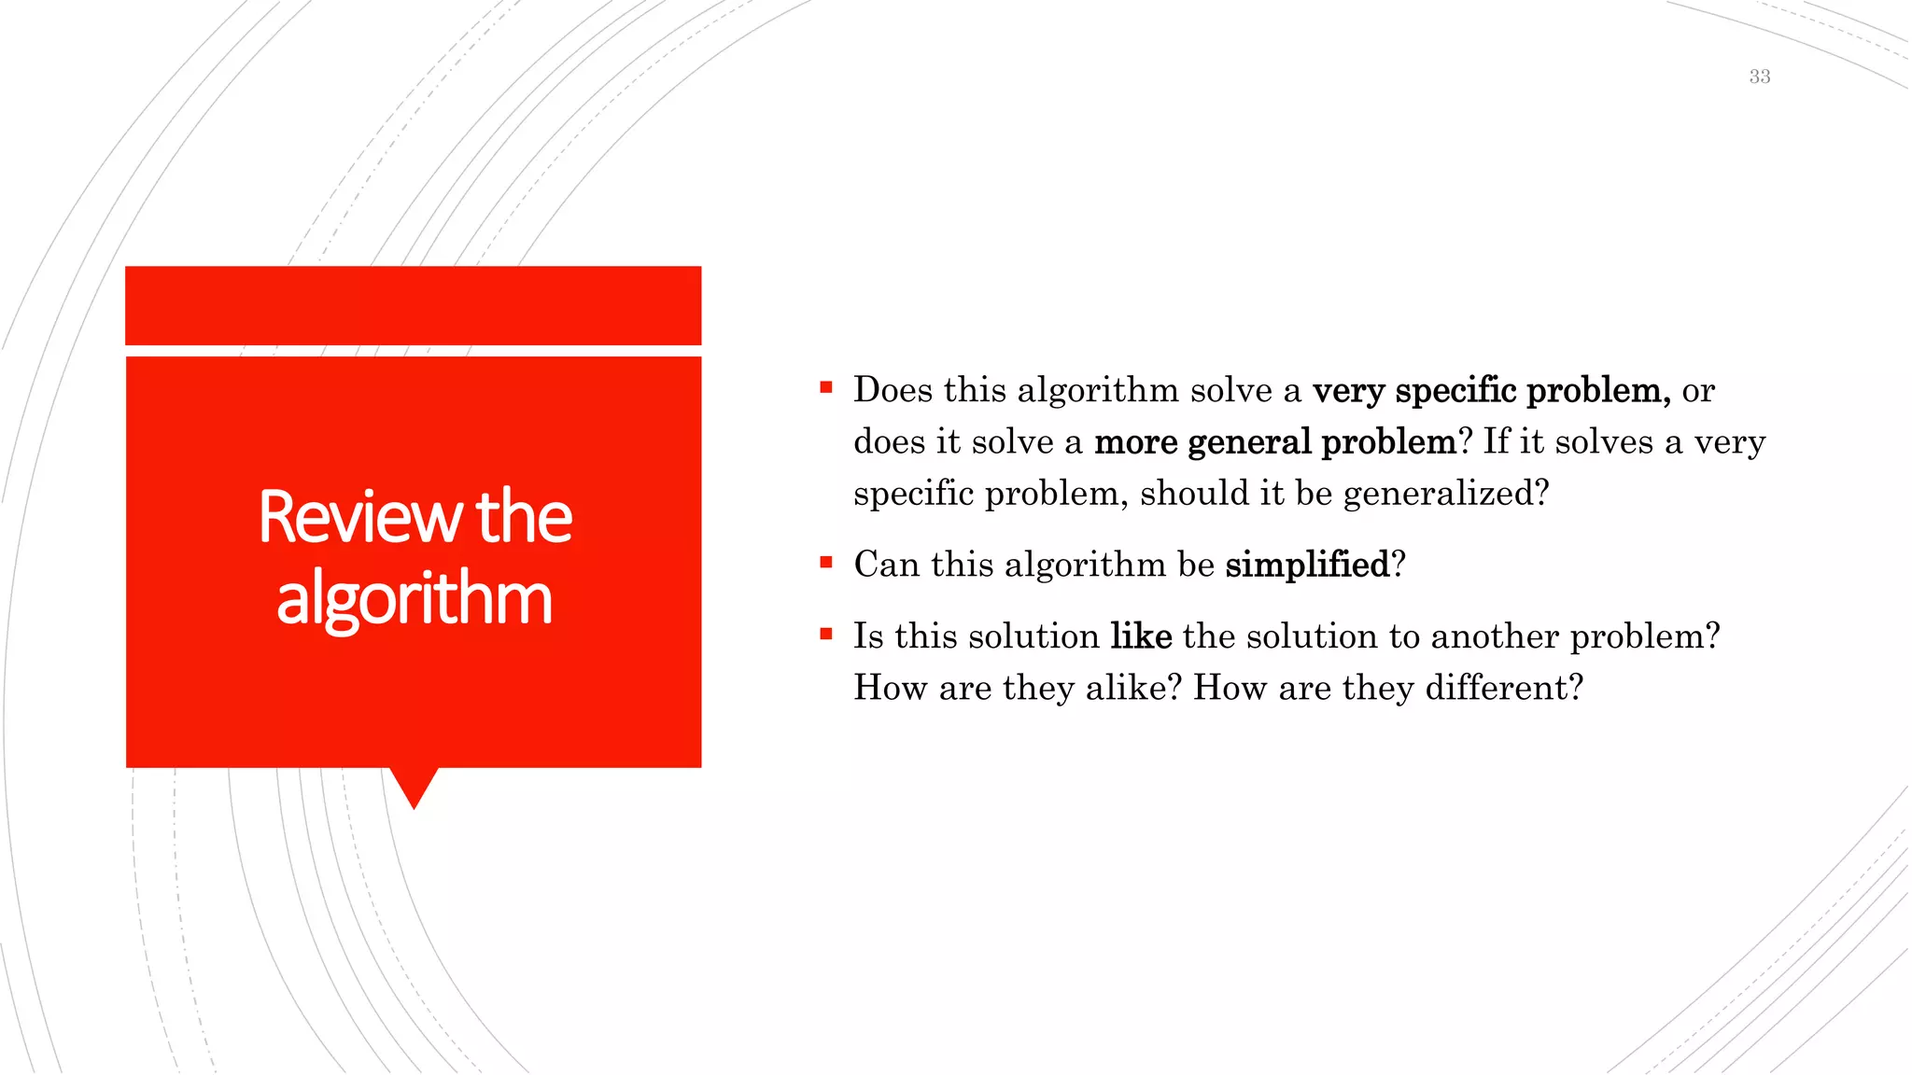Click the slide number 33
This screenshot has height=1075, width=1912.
pyautogui.click(x=1759, y=77)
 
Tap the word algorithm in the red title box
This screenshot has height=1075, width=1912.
pyautogui.click(x=415, y=598)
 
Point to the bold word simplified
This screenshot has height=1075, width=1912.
pyautogui.click(x=1307, y=565)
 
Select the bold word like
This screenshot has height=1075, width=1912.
pyautogui.click(x=1141, y=636)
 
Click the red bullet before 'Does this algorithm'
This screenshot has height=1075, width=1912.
pyautogui.click(x=825, y=387)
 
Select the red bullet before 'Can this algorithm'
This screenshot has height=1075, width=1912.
pyautogui.click(x=825, y=562)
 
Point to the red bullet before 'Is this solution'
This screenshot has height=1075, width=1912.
pyautogui.click(x=825, y=634)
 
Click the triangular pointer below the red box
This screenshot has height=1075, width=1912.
pyautogui.click(x=415, y=786)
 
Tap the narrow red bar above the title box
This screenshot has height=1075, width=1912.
pyautogui.click(x=413, y=305)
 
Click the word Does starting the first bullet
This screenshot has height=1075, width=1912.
pyautogui.click(x=893, y=390)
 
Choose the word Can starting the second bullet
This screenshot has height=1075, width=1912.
pyautogui.click(x=886, y=565)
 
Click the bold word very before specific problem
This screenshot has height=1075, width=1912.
pyautogui.click(x=1348, y=391)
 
